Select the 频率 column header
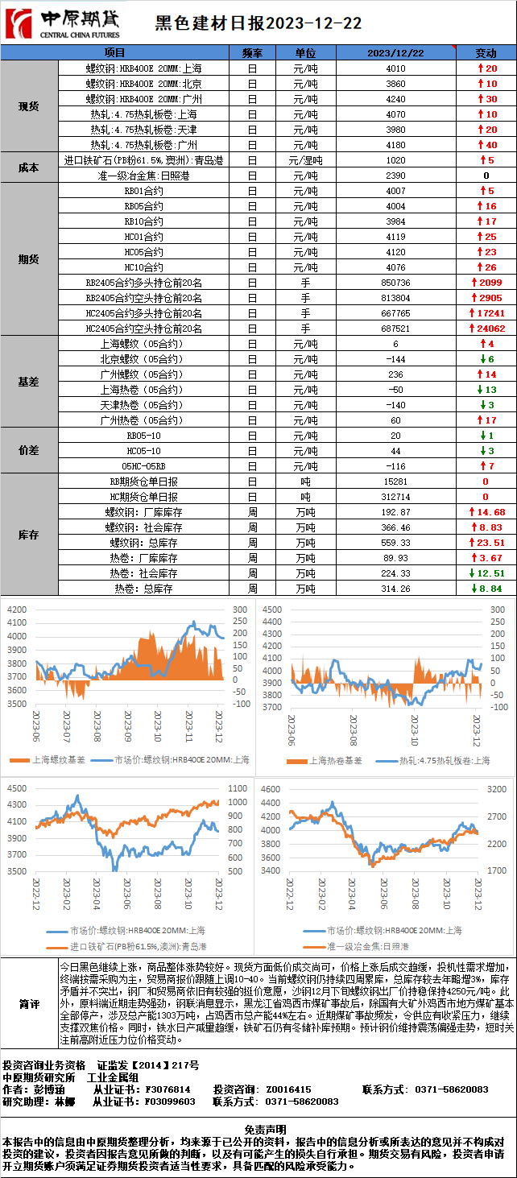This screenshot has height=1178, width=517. tap(252, 53)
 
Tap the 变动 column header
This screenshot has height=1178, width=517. tap(486, 53)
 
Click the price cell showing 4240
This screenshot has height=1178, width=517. tap(395, 99)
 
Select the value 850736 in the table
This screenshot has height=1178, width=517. tap(395, 283)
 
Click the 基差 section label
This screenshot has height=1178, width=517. tap(29, 382)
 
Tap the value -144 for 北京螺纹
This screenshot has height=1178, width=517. tap(395, 359)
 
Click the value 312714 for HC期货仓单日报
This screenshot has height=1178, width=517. tap(395, 497)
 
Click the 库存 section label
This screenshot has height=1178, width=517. tap(29, 535)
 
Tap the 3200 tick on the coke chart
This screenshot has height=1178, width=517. tap(496, 789)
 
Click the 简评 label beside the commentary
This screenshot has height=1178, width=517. tap(29, 1004)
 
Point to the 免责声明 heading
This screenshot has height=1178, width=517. tap(258, 1130)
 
